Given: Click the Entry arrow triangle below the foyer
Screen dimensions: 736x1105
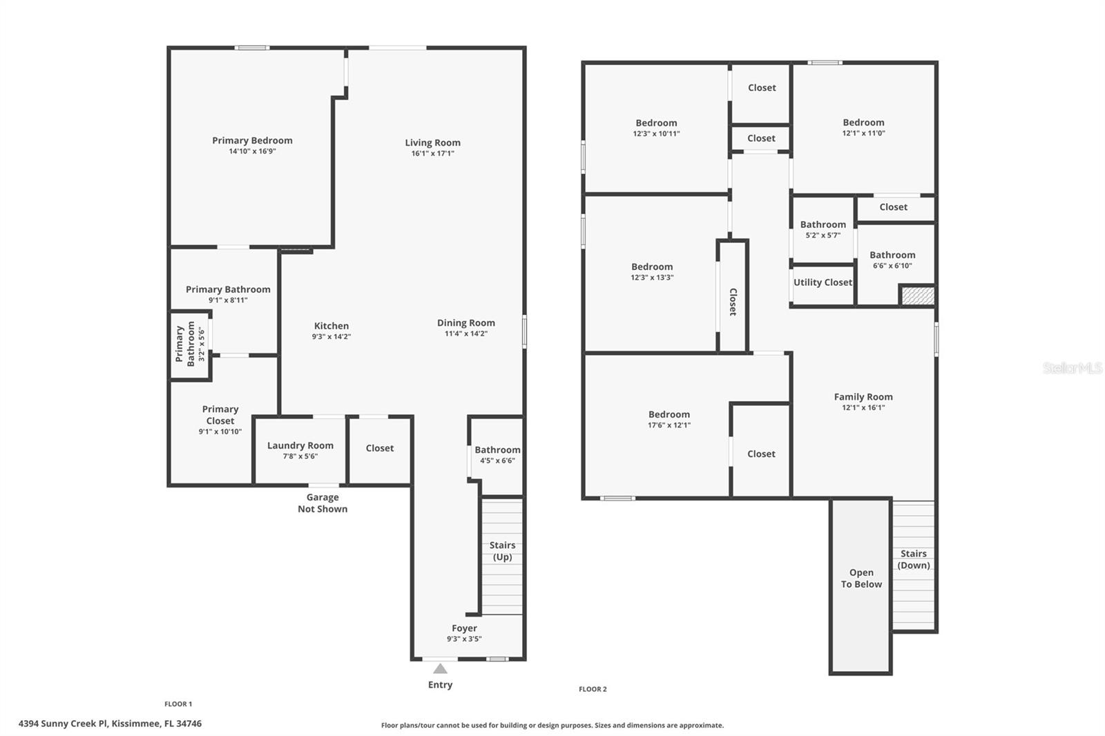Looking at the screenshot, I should pyautogui.click(x=440, y=668).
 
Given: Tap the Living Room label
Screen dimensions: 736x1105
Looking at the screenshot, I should pyautogui.click(x=432, y=143).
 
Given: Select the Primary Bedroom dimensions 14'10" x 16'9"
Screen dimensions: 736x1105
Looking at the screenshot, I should pyautogui.click(x=252, y=151).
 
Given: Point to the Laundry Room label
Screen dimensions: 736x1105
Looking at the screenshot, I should pyautogui.click(x=300, y=445).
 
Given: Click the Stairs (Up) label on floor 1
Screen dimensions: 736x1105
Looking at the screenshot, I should pyautogui.click(x=502, y=551).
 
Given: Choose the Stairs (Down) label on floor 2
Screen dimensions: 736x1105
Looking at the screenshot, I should pyautogui.click(x=913, y=559).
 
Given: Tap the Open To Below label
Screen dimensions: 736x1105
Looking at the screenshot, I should pyautogui.click(x=861, y=578).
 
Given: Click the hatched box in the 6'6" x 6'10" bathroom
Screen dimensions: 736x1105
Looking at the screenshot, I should pyautogui.click(x=917, y=296).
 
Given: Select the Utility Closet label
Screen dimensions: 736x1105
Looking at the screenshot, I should pyautogui.click(x=823, y=282).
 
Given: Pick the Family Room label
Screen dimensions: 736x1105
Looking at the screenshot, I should pyautogui.click(x=863, y=396).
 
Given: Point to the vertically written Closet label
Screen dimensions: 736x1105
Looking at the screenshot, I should pyautogui.click(x=733, y=302).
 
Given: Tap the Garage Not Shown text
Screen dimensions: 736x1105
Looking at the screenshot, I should pyautogui.click(x=323, y=503).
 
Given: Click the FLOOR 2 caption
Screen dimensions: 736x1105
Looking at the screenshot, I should pyautogui.click(x=593, y=689).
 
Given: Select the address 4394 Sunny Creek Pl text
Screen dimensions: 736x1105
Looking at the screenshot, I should pyautogui.click(x=110, y=724).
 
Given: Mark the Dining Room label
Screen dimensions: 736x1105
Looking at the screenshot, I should pyautogui.click(x=465, y=322).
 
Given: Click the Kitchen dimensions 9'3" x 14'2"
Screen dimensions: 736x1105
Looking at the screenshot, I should pyautogui.click(x=331, y=337).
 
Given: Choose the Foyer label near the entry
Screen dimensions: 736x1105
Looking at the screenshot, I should pyautogui.click(x=464, y=628).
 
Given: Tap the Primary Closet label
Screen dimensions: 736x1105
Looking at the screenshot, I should pyautogui.click(x=220, y=414).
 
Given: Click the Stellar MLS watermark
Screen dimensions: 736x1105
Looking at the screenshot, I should pyautogui.click(x=1072, y=368).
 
